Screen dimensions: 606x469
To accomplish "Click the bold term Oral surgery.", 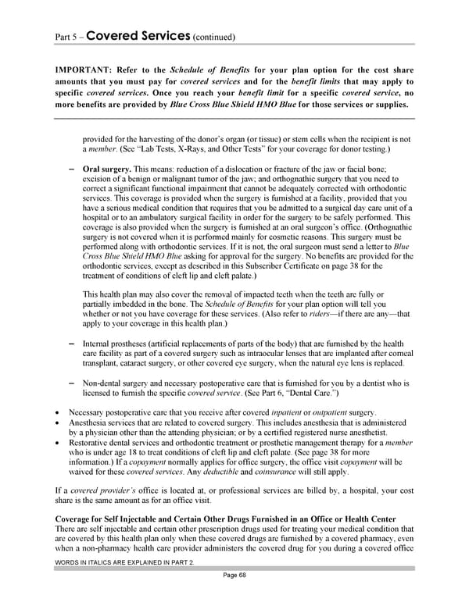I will click(106, 169).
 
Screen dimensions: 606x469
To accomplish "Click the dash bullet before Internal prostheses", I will click(72, 343).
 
